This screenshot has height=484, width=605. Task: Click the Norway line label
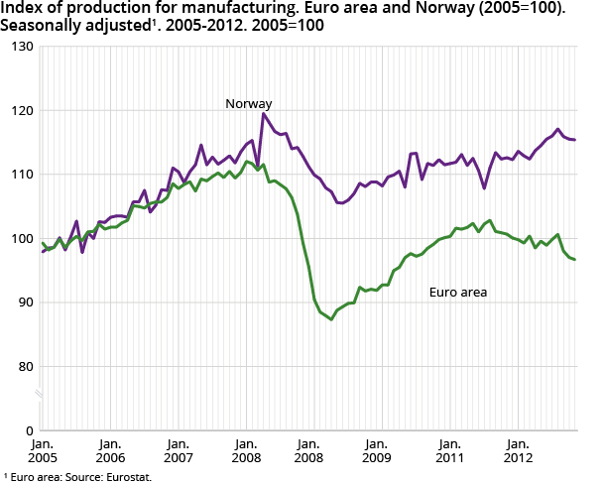248,103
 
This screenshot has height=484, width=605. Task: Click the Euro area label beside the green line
457,293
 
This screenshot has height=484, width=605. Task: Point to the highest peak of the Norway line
264,113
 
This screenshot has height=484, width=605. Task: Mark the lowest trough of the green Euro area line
331,319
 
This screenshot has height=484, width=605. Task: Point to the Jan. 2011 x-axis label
449,450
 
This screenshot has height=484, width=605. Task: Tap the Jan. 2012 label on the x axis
517,450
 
